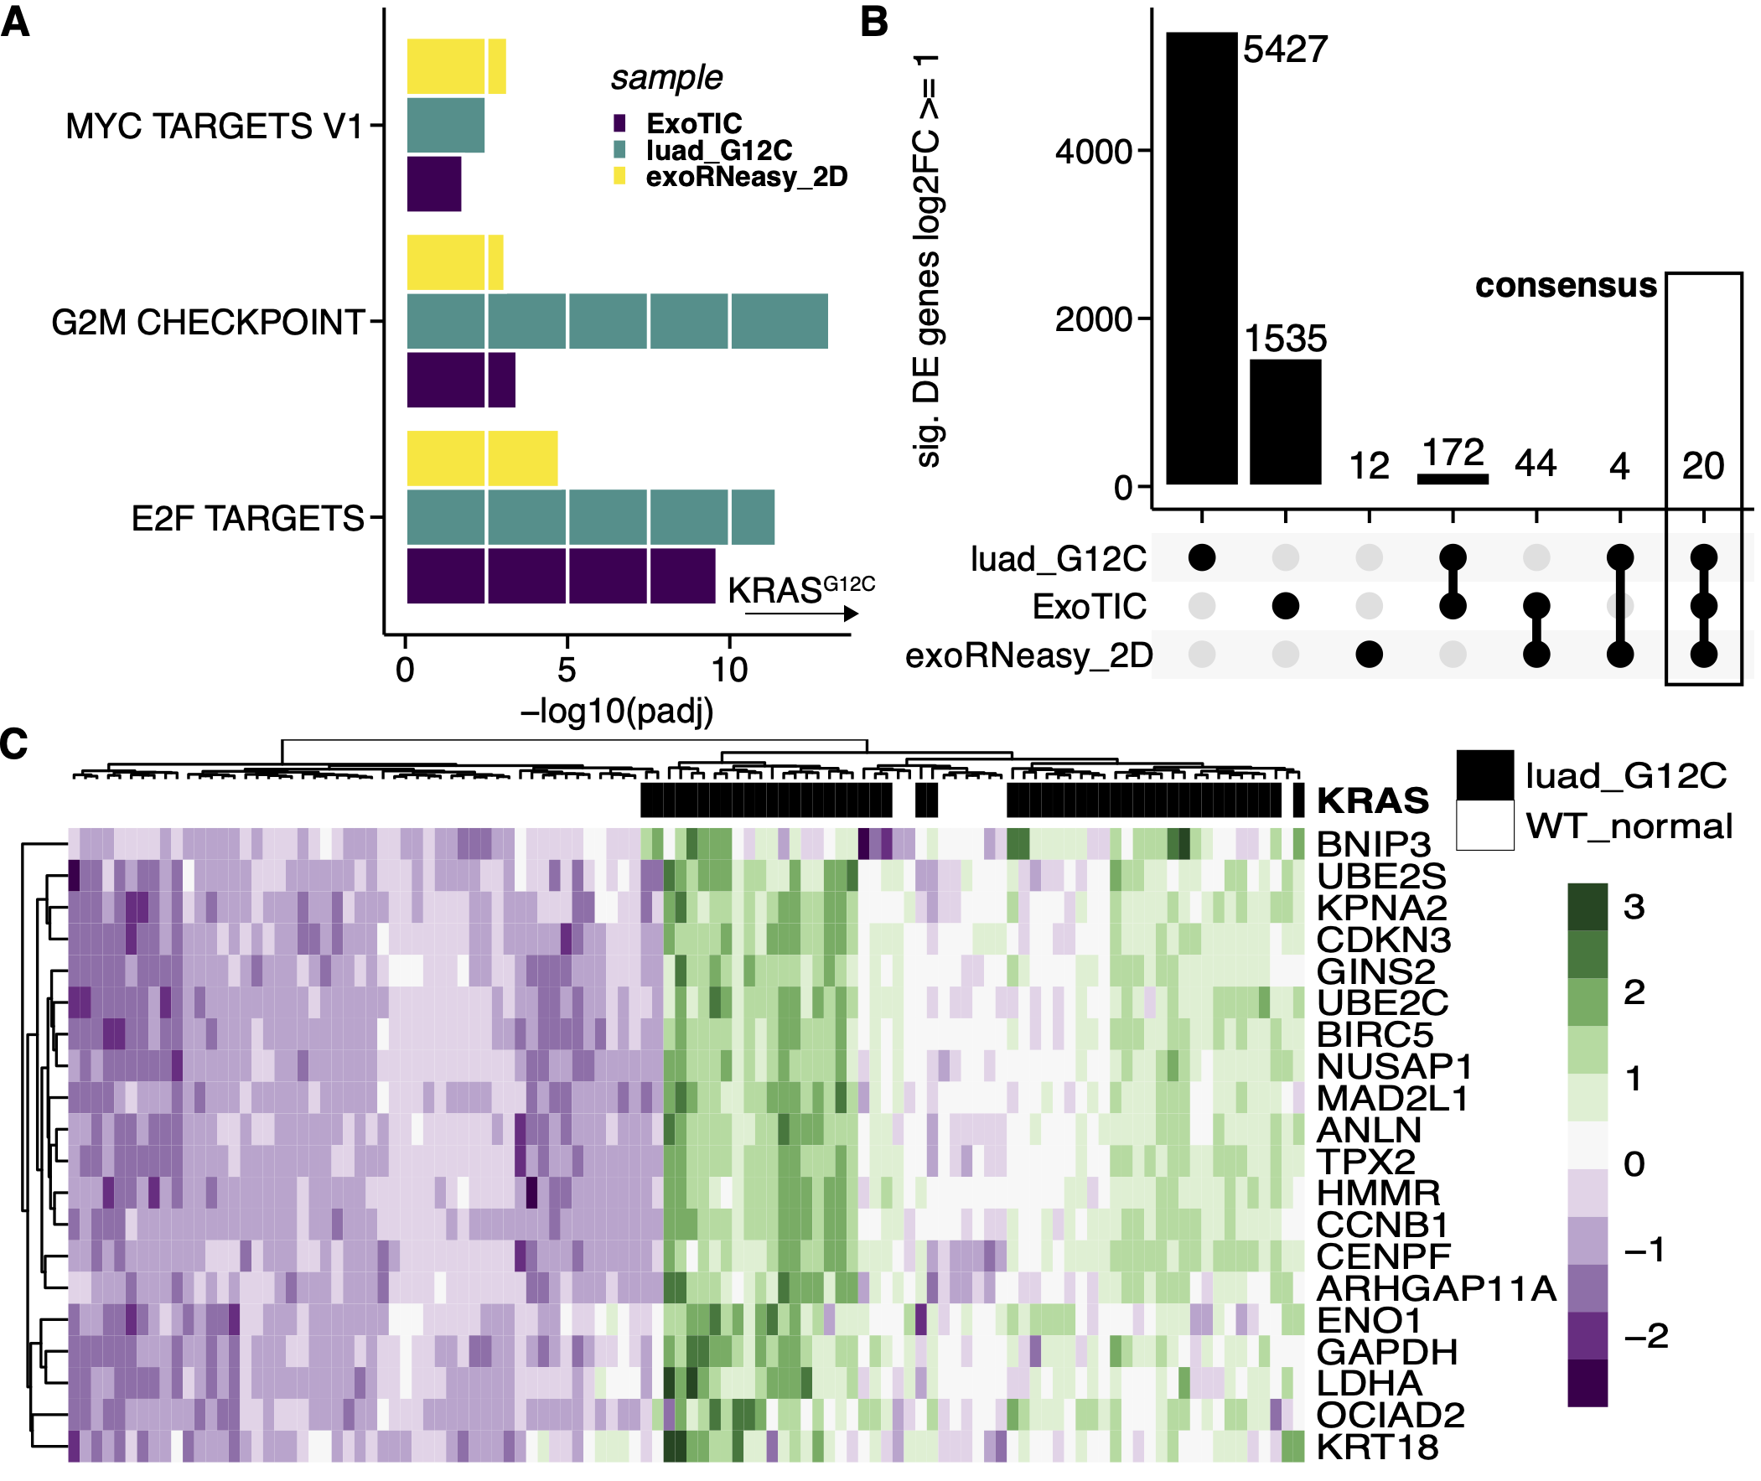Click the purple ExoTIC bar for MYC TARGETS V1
click(435, 184)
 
